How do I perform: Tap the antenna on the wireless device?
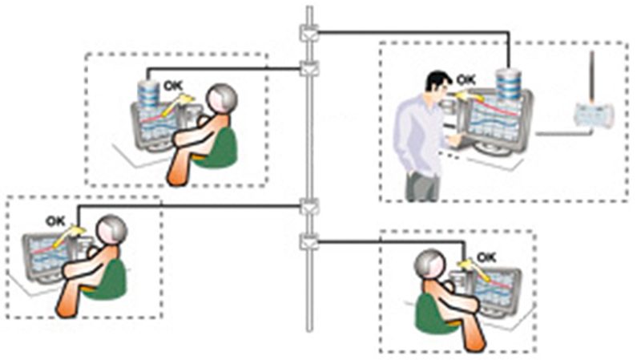click(591, 77)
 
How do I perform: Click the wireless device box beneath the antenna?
click(591, 115)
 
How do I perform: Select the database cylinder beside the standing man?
click(508, 85)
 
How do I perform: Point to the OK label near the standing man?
click(466, 79)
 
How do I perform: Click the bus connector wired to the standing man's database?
click(309, 33)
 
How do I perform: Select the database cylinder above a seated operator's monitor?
click(147, 94)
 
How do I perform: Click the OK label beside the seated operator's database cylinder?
click(174, 86)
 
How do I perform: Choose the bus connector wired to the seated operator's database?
click(309, 68)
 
